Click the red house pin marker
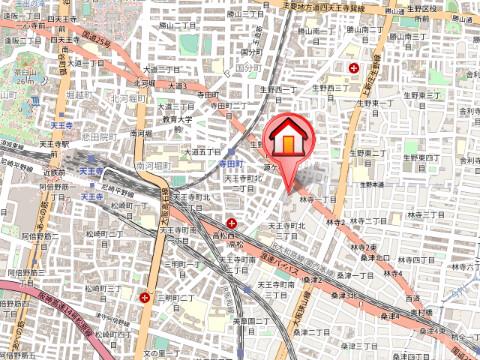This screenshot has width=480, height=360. (x=286, y=140)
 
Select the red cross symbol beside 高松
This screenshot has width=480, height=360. (x=232, y=222)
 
